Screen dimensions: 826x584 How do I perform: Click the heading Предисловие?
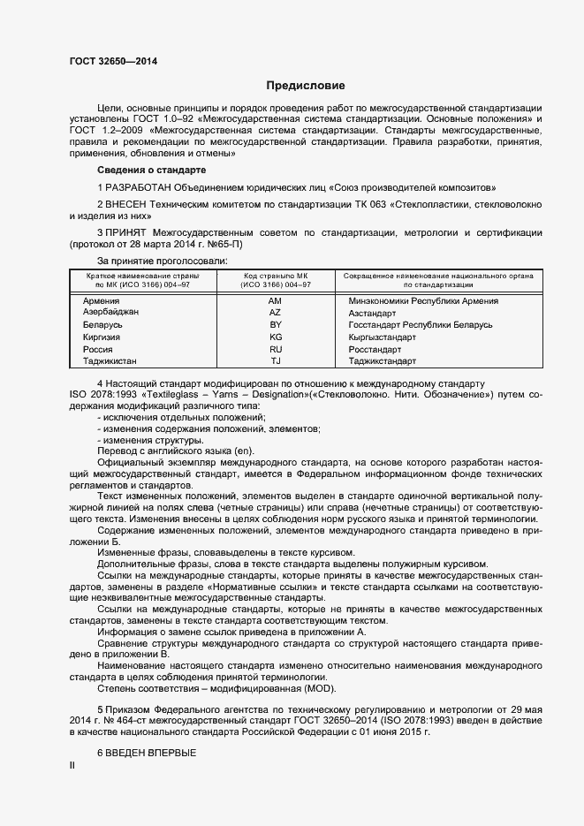pos(306,86)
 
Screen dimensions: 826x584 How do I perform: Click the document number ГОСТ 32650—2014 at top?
pos(114,61)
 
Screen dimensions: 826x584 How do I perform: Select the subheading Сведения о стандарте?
pos(151,170)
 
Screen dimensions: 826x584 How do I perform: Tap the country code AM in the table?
pos(275,300)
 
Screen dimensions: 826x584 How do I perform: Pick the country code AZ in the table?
pos(275,313)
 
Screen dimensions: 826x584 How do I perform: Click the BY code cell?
pos(275,325)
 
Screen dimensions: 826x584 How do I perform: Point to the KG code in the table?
pos(275,337)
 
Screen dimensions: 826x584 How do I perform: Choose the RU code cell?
pos(275,350)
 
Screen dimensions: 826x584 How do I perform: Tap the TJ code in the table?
pos(275,361)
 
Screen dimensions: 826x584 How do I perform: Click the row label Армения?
pos(101,300)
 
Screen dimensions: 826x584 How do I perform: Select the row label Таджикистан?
pos(110,361)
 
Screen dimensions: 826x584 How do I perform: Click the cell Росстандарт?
pos(375,350)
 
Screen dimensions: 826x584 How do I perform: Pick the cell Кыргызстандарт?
pos(382,337)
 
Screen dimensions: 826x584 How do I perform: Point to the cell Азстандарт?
pos(373,313)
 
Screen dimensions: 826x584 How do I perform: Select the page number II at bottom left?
pos(72,765)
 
